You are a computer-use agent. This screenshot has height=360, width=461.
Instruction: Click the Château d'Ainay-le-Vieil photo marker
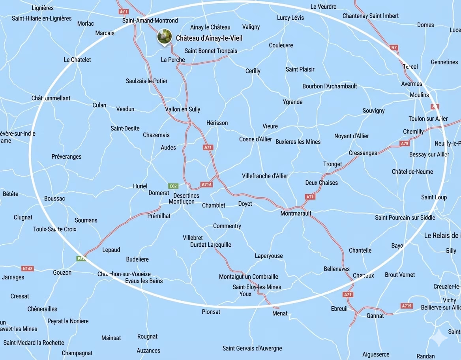click(164, 37)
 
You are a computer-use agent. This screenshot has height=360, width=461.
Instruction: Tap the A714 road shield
click(207, 184)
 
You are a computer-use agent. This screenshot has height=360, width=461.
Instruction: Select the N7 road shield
click(394, 47)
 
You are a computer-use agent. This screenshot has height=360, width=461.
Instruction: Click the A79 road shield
click(405, 143)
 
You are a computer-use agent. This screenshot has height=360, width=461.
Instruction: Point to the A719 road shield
click(407, 306)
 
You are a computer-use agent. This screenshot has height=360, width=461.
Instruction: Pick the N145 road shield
click(27, 268)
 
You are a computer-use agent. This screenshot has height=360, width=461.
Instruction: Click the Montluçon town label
click(182, 202)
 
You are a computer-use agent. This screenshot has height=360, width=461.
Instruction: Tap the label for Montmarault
click(296, 214)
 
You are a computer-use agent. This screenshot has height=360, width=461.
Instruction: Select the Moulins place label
click(419, 95)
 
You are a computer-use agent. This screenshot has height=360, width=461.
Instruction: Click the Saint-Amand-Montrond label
click(150, 21)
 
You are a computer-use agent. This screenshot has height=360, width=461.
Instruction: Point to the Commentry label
click(227, 226)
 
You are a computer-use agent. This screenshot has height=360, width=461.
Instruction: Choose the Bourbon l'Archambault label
click(330, 86)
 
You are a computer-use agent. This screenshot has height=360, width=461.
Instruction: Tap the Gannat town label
click(375, 316)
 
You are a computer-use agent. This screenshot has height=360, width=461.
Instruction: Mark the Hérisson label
click(217, 123)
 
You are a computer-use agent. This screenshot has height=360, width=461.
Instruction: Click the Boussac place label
click(54, 199)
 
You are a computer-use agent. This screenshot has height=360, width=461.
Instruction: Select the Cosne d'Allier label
click(255, 139)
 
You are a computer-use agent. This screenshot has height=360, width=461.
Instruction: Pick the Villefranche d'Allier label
click(265, 176)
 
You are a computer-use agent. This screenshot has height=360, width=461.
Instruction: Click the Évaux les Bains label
click(144, 281)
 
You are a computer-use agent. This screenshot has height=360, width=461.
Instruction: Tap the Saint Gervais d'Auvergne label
click(252, 348)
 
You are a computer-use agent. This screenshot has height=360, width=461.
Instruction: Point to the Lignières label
click(42, 8)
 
